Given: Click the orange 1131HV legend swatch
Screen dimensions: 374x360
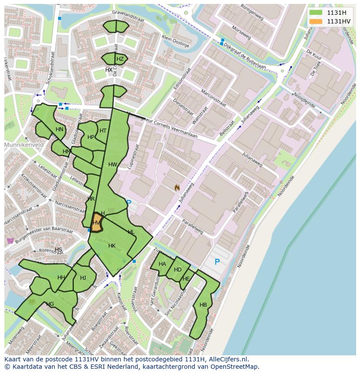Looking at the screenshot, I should [x=316, y=21].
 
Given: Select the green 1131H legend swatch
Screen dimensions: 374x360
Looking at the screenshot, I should [x=316, y=13].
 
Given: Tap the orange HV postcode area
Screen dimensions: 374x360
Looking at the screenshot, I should [x=97, y=222].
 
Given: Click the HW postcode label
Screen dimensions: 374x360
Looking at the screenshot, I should [x=113, y=165].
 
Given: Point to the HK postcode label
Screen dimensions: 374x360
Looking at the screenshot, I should [x=112, y=246].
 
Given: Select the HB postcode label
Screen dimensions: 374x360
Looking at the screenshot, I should [x=203, y=305].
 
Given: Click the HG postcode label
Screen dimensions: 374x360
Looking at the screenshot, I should [x=50, y=304].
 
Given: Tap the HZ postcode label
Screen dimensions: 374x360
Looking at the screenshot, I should [x=120, y=59].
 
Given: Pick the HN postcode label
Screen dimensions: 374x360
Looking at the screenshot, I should [x=60, y=129].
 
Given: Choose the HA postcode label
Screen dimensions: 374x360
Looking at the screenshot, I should [x=162, y=264].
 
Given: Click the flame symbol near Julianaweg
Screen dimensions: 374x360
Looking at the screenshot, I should [x=177, y=188].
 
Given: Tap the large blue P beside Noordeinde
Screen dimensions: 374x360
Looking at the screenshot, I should [x=217, y=262].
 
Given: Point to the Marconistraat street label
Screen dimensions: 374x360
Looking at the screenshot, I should [x=213, y=98].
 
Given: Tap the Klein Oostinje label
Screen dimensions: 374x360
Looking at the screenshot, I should [x=176, y=41].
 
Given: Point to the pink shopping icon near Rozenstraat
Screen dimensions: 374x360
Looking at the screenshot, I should [x=10, y=241].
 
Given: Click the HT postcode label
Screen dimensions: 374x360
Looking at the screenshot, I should [x=103, y=131].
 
